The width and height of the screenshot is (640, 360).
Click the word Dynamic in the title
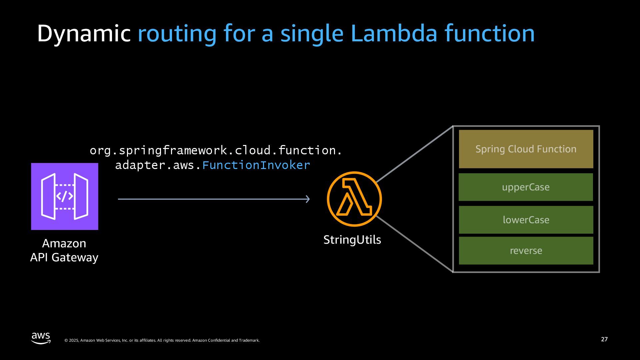click(x=83, y=34)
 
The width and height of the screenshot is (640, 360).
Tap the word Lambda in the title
click(x=394, y=34)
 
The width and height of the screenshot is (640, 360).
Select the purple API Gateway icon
click(x=65, y=196)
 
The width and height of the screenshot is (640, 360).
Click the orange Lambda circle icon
click(x=354, y=199)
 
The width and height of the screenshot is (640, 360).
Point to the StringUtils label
click(x=352, y=240)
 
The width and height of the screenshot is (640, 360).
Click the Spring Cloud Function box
click(x=526, y=149)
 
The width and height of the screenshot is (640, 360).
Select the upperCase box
click(x=526, y=187)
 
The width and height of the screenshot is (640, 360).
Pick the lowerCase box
click(x=526, y=220)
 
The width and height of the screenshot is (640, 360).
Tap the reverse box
click(x=526, y=251)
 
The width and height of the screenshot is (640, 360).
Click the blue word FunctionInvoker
click(x=256, y=165)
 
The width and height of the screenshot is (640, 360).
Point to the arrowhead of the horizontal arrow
click(x=308, y=199)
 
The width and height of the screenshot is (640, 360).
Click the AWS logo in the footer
click(x=41, y=338)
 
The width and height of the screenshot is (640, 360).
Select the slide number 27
click(x=604, y=339)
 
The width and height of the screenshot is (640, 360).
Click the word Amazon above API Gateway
click(x=64, y=243)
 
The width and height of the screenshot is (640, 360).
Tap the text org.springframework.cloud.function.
click(x=216, y=151)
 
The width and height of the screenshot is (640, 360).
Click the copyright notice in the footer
click(x=162, y=340)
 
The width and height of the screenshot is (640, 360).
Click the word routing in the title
click(x=177, y=34)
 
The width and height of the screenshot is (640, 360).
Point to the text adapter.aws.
click(x=158, y=165)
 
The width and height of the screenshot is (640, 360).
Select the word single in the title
click(x=312, y=34)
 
